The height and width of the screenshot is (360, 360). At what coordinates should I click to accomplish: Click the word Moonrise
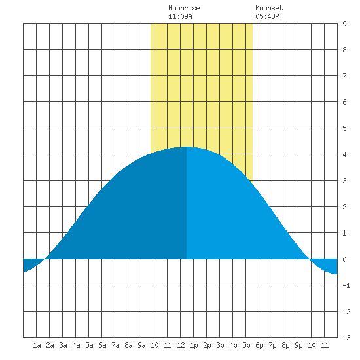pyautogui.click(x=184, y=8)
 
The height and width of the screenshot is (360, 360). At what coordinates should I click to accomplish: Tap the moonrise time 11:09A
pyautogui.click(x=180, y=16)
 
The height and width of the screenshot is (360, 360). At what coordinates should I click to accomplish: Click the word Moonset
pyautogui.click(x=269, y=8)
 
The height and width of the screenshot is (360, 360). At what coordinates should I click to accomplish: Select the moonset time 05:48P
pyautogui.click(x=267, y=16)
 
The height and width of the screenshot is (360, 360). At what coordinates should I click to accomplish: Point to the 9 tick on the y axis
pyautogui.click(x=344, y=24)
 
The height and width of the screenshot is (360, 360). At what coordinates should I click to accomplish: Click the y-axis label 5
pyautogui.click(x=344, y=128)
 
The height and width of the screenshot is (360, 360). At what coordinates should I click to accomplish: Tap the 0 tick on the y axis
pyautogui.click(x=344, y=259)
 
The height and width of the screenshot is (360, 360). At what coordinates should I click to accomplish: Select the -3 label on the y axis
pyautogui.click(x=346, y=338)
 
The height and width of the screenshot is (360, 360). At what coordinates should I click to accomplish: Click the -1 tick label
pyautogui.click(x=346, y=285)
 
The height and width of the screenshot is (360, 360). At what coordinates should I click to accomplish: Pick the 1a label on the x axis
pyautogui.click(x=37, y=345)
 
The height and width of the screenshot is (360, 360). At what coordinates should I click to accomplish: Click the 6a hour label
pyautogui.click(x=102, y=345)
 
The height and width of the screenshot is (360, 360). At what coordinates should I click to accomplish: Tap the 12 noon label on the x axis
pyautogui.click(x=181, y=345)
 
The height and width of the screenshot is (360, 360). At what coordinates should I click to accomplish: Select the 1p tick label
pyautogui.click(x=194, y=345)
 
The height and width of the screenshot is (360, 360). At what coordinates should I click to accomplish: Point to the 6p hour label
pyautogui.click(x=259, y=345)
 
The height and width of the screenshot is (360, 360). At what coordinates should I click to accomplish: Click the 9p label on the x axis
pyautogui.click(x=298, y=345)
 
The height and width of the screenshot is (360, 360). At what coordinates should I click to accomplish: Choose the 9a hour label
pyautogui.click(x=141, y=345)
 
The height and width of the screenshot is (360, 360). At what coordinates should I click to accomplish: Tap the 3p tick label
pyautogui.click(x=220, y=345)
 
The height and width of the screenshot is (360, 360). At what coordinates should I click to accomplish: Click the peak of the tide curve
pyautogui.click(x=186, y=147)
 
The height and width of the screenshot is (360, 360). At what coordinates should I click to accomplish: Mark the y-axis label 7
pyautogui.click(x=344, y=76)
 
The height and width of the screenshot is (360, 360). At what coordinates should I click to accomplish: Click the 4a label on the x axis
pyautogui.click(x=76, y=345)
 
